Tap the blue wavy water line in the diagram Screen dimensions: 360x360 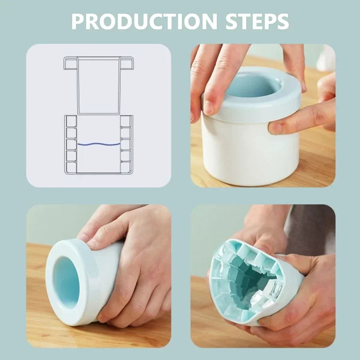(x=99, y=144)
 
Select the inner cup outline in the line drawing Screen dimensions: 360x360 (x=99, y=86)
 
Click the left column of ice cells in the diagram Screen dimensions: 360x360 (x=71, y=144)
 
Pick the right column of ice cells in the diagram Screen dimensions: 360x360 (x=126, y=144)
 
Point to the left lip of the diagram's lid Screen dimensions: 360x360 (x=70, y=62)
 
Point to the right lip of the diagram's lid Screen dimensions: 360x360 (x=128, y=62)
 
